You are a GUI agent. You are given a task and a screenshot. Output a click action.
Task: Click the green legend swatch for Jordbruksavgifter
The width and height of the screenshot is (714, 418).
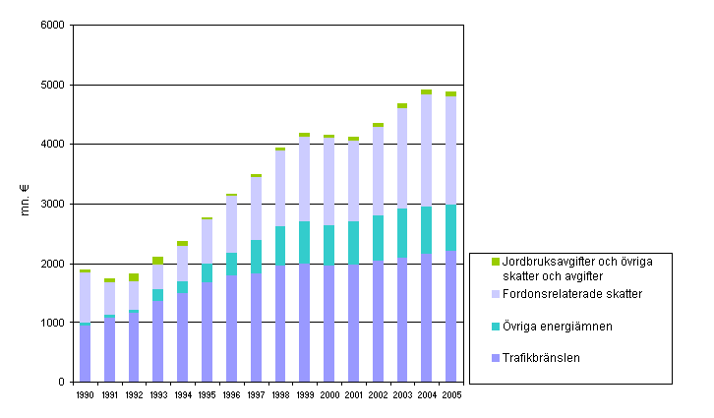pos(495,262)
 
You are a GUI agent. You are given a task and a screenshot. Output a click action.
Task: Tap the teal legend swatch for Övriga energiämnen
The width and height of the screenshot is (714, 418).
pos(495,326)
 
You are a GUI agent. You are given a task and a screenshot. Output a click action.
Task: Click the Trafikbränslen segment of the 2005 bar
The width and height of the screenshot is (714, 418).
pos(450,315)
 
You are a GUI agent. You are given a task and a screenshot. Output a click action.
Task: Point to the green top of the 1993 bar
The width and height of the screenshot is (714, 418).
pos(158,261)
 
